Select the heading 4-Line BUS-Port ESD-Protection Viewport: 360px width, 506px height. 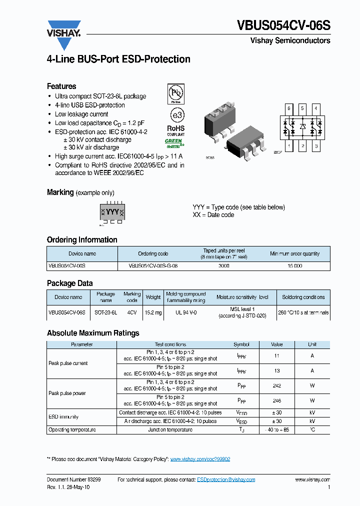tap(118, 59)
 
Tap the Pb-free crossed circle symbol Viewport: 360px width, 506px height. tap(175, 93)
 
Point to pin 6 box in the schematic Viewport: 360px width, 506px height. tap(288, 108)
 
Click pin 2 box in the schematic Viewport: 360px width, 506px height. tap(302, 146)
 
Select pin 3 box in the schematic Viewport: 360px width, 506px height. tap(315, 146)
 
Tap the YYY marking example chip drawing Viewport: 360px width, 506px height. tap(112, 212)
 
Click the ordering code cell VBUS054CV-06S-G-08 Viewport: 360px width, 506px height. tap(153, 266)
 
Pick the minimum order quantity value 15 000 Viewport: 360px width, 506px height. tap(294, 266)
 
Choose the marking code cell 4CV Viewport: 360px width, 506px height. tap(132, 312)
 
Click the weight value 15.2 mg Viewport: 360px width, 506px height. tap(153, 312)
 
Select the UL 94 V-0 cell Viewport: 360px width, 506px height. tap(185, 312)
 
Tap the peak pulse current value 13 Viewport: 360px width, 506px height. tap(276, 370)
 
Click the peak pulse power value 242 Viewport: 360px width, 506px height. tap(276, 385)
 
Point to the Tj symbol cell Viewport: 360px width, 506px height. tap(241, 430)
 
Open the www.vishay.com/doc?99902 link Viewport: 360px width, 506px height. tap(200, 459)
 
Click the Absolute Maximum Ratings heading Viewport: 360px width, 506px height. tap(93, 333)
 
